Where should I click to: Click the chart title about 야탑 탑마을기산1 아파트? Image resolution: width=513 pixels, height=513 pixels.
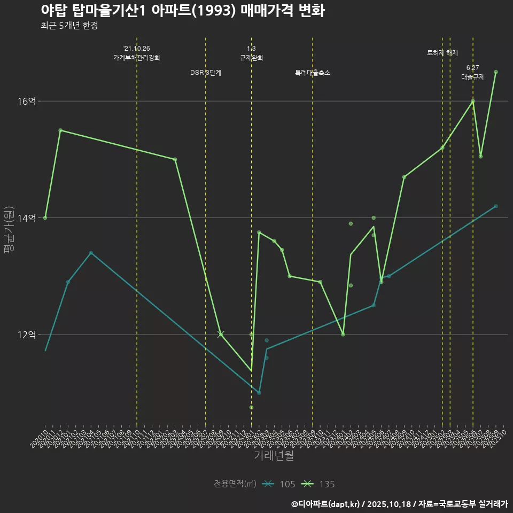tap(182, 11)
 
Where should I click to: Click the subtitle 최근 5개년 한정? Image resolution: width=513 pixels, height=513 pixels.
tap(69, 26)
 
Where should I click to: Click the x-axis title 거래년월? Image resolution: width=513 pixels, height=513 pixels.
tap(274, 456)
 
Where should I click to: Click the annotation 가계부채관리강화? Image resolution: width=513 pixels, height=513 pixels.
tap(137, 58)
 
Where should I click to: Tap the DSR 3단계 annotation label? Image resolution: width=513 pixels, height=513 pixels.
tap(206, 73)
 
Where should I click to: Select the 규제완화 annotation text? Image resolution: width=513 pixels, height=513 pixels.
tap(251, 58)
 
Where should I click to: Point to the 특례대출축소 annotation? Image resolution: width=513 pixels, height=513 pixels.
tap(313, 73)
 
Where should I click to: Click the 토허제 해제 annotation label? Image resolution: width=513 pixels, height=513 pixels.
tap(442, 53)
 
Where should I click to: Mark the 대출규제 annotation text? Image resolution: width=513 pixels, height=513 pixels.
tap(473, 77)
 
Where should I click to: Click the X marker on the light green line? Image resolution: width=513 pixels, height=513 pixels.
tap(221, 334)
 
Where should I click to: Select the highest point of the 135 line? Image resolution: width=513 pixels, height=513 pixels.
tap(496, 72)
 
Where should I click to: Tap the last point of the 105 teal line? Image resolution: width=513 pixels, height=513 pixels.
tap(496, 206)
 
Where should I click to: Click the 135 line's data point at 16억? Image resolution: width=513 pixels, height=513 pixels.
tap(473, 101)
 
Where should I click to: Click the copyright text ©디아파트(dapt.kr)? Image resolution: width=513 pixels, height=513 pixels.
tap(327, 503)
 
